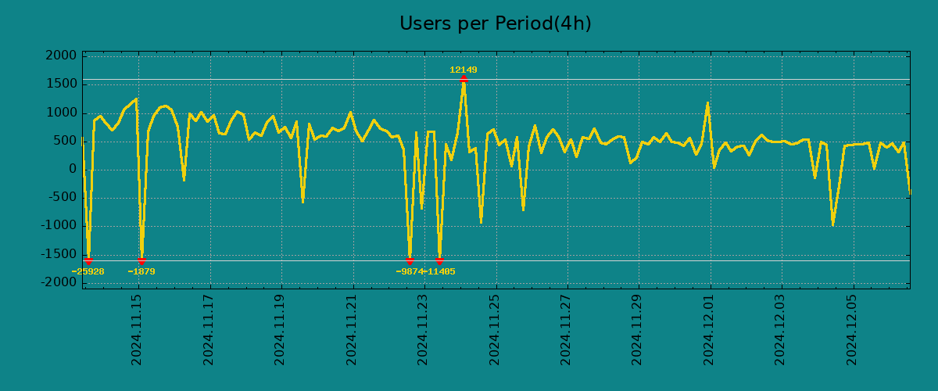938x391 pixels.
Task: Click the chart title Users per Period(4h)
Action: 495,23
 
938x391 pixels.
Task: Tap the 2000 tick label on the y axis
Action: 61,56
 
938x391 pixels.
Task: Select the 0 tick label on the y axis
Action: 73,169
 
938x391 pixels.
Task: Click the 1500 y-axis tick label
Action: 61,84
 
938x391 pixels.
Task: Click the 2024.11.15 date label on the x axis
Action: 138,329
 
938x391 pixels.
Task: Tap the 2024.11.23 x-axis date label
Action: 423,329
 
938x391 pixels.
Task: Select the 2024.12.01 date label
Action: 709,329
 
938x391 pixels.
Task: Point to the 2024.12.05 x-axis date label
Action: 852,329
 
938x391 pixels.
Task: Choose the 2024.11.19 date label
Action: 281,329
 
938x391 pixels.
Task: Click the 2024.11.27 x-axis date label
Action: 566,329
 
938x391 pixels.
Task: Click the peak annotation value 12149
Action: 463,70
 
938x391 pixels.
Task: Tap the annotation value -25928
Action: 88,271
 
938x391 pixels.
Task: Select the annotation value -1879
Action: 141,271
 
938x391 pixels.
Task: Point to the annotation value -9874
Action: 409,271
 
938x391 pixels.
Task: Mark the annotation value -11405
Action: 439,271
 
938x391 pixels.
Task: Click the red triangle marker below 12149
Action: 464,78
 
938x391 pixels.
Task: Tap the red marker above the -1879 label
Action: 141,260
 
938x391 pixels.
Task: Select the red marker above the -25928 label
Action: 88,260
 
